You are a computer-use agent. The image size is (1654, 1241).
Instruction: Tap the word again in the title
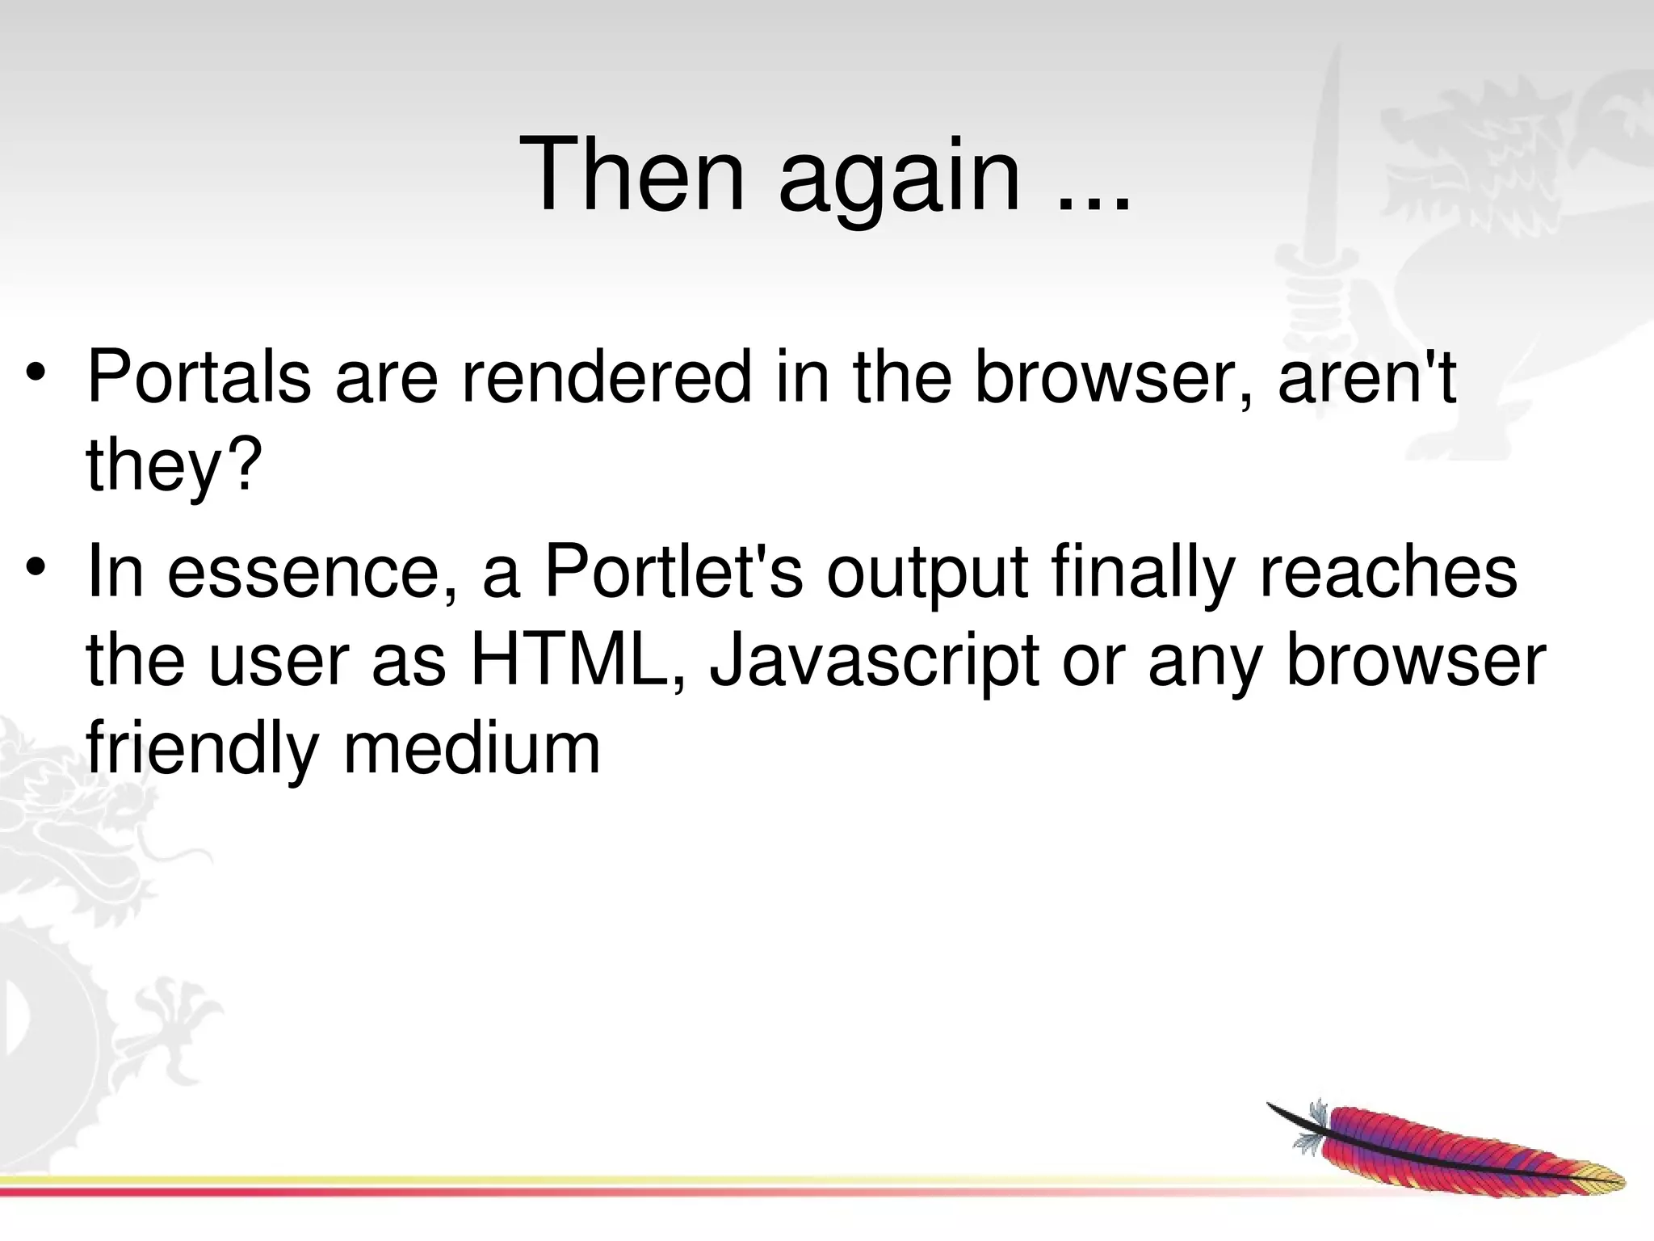coord(900,182)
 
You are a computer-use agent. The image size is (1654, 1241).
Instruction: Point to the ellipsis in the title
coord(1094,202)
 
